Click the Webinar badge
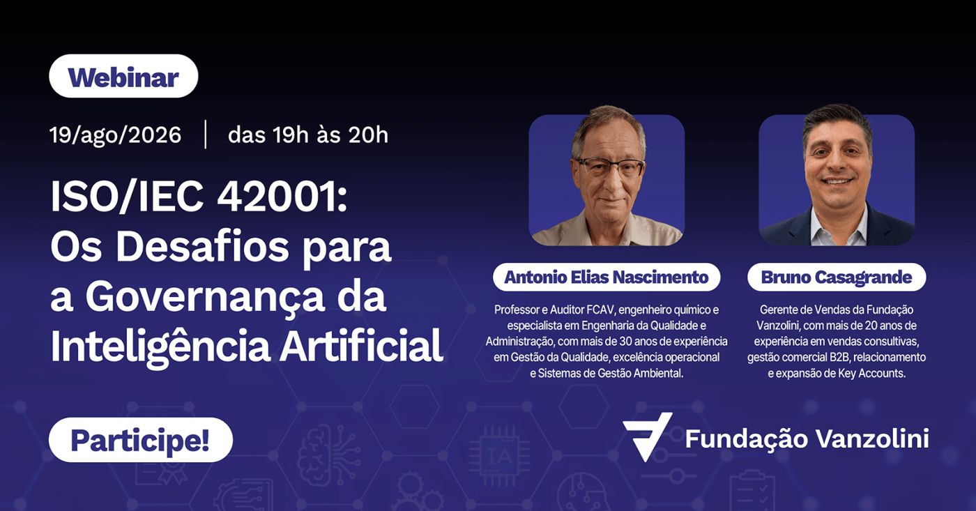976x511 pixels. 123,76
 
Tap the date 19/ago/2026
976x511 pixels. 116,135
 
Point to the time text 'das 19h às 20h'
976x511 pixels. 308,135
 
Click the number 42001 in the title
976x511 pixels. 282,197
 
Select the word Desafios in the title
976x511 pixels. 203,247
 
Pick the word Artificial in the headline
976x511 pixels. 361,346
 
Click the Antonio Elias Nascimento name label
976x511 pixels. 606,277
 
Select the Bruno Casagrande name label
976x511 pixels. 837,277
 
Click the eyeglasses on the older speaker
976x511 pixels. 611,167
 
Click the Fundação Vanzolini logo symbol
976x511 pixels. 647,436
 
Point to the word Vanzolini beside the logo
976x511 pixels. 872,438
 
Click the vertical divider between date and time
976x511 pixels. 205,135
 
